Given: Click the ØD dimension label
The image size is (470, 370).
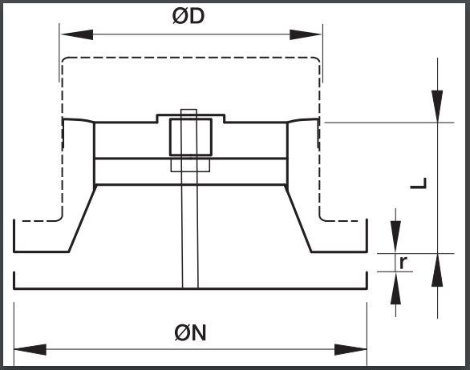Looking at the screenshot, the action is [x=188, y=16].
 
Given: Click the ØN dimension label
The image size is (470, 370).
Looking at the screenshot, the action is [x=190, y=332].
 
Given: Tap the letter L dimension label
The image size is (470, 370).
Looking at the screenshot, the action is [x=419, y=183].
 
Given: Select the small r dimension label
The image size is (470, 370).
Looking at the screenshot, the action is [x=403, y=263].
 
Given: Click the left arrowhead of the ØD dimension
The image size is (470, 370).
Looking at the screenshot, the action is [x=77, y=34].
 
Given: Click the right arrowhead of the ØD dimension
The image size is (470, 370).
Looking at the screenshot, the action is [x=306, y=34].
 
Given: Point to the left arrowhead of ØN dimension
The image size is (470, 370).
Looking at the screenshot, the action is [x=30, y=350].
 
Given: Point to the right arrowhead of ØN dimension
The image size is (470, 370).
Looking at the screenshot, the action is [x=350, y=350].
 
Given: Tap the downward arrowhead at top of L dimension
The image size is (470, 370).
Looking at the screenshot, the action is [x=437, y=107].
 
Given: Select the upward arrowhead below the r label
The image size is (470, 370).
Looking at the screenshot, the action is [x=396, y=288].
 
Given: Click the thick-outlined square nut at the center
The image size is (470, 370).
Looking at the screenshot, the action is [x=191, y=137].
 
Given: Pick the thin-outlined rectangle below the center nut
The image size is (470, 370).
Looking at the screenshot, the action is [x=190, y=165].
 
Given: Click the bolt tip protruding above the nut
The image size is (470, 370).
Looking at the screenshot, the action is [x=188, y=111].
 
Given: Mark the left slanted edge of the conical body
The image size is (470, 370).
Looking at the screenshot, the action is [x=82, y=219].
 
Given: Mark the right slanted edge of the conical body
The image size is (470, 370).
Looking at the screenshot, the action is [x=298, y=219].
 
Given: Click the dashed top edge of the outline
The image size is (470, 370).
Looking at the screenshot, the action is [x=191, y=57].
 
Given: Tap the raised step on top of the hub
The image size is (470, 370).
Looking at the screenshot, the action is [x=191, y=119].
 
